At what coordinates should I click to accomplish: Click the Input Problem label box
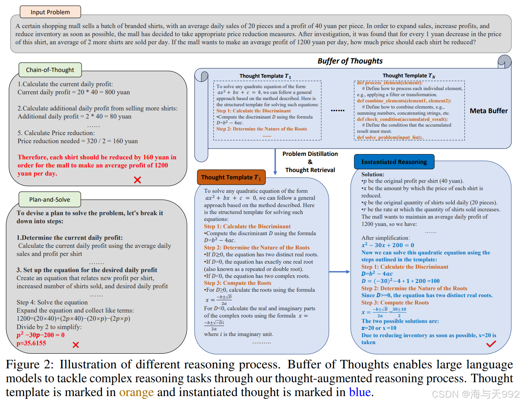pos(50,12)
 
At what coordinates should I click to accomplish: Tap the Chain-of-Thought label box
pos(50,70)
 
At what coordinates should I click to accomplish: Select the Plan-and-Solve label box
pos(50,199)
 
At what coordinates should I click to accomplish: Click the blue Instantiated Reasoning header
pos(394,162)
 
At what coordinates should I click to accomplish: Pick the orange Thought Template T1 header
pos(231,177)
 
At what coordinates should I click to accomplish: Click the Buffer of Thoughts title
pos(350,61)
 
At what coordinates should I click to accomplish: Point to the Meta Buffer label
pos(489,111)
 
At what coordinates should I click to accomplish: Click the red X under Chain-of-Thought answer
pos(137,180)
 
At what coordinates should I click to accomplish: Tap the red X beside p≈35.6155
pos(76,345)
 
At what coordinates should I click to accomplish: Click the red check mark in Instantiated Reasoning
pos(491,344)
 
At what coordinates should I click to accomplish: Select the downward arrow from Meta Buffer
pos(275,162)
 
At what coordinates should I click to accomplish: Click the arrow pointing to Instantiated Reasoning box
pos(340,272)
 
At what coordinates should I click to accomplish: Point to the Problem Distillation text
pos(310,154)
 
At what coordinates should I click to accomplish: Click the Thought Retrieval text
pos(310,170)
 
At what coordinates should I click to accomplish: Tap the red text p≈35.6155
pos(31,343)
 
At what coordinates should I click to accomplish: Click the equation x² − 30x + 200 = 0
pos(388,245)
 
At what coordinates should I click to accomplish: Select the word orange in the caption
pos(136,392)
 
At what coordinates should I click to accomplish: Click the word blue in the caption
pos(360,392)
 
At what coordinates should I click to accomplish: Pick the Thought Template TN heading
pos(409,76)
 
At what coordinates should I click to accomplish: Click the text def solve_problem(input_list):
pos(390,137)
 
